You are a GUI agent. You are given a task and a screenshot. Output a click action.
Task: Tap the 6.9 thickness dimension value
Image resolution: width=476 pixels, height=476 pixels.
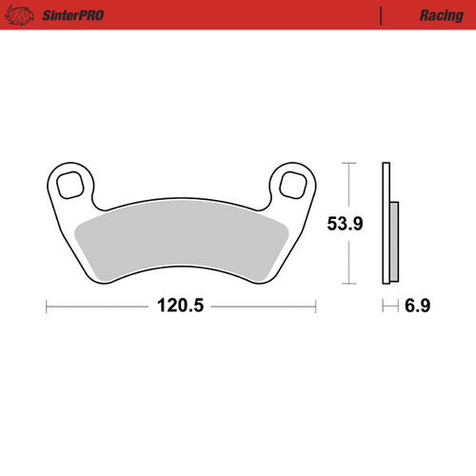point(416,307)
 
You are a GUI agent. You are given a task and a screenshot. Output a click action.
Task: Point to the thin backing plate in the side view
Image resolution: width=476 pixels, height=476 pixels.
point(386,223)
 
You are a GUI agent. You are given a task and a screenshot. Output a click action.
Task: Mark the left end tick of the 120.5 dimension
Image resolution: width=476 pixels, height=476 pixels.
point(47,307)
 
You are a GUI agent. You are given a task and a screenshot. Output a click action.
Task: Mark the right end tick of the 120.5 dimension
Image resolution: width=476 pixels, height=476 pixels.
point(315,307)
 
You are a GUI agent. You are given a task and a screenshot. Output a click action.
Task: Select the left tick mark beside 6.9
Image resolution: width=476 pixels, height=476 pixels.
point(383,307)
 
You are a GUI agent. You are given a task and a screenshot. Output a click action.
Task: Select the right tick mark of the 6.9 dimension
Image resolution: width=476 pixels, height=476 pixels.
point(396,307)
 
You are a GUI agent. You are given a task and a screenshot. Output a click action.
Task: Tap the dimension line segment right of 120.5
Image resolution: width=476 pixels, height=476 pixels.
point(262,307)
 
